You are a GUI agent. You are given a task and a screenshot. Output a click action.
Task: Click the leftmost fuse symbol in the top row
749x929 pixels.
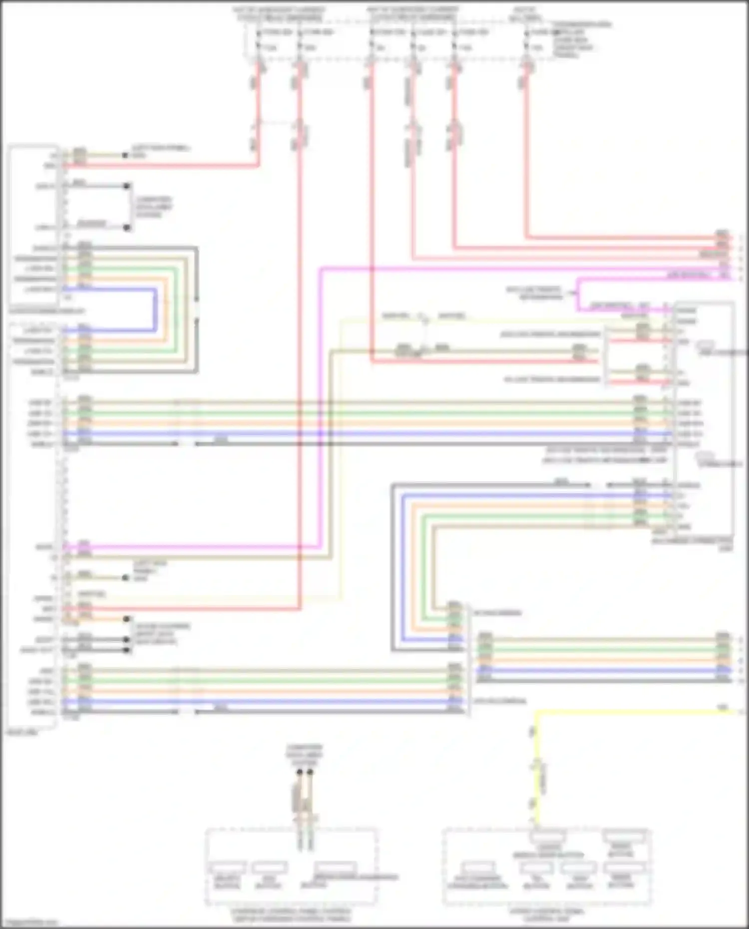coord(258,40)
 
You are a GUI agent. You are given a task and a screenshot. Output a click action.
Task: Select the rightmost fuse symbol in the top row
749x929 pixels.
coord(526,40)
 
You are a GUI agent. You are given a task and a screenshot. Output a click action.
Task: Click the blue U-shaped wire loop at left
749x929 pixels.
coord(155,310)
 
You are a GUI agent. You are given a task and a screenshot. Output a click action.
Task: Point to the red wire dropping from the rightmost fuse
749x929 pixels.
coord(526,150)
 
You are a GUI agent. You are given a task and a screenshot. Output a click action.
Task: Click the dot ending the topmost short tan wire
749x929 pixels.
coord(125,155)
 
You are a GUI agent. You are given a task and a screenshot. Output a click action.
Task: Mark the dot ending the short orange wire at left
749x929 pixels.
coord(127,619)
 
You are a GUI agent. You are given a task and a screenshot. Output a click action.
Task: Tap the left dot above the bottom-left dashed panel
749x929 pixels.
coord(300,772)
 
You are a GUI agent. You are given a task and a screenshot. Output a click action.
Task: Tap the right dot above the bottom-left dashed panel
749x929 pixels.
coord(310,772)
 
